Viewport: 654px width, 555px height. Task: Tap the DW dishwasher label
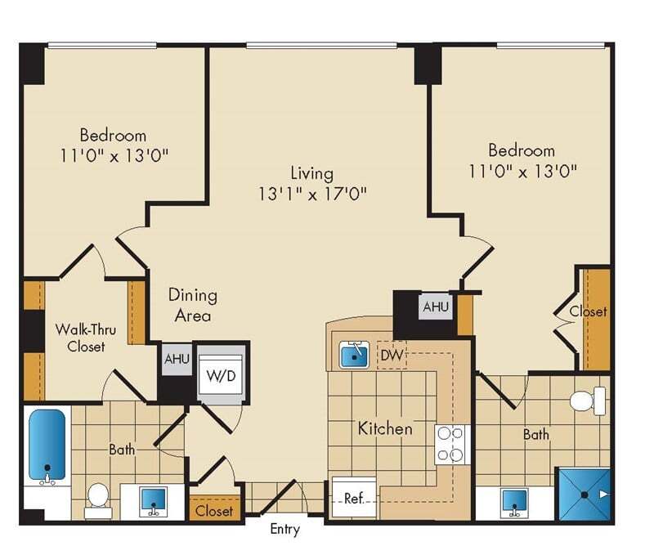click(x=389, y=356)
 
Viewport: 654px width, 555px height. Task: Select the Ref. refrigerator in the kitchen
click(x=353, y=499)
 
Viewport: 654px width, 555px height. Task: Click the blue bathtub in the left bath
click(x=46, y=445)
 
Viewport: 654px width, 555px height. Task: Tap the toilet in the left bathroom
click(x=97, y=496)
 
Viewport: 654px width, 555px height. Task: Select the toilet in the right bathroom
click(x=587, y=400)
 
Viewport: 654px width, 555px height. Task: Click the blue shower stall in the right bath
click(x=584, y=493)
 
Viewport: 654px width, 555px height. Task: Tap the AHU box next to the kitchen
click(x=435, y=307)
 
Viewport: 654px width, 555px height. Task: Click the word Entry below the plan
click(x=284, y=530)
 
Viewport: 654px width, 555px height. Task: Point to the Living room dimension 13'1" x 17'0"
click(x=311, y=194)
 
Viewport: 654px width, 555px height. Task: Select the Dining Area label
click(x=193, y=305)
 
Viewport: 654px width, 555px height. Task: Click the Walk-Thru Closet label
click(x=80, y=338)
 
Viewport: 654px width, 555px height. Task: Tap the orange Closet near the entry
click(x=215, y=511)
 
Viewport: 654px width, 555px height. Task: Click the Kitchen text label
click(x=384, y=428)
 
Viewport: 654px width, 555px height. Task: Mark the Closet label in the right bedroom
click(x=589, y=311)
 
